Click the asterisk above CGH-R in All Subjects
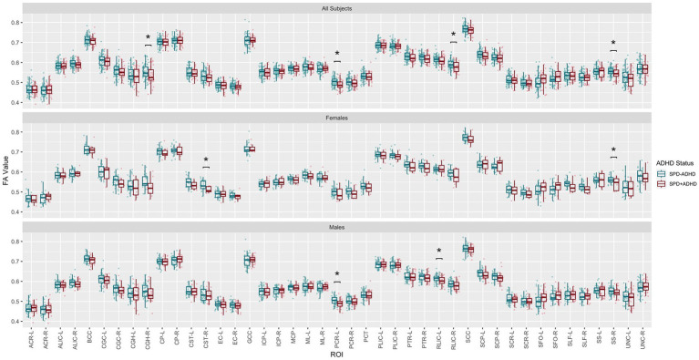148,39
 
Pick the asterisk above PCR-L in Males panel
337,275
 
